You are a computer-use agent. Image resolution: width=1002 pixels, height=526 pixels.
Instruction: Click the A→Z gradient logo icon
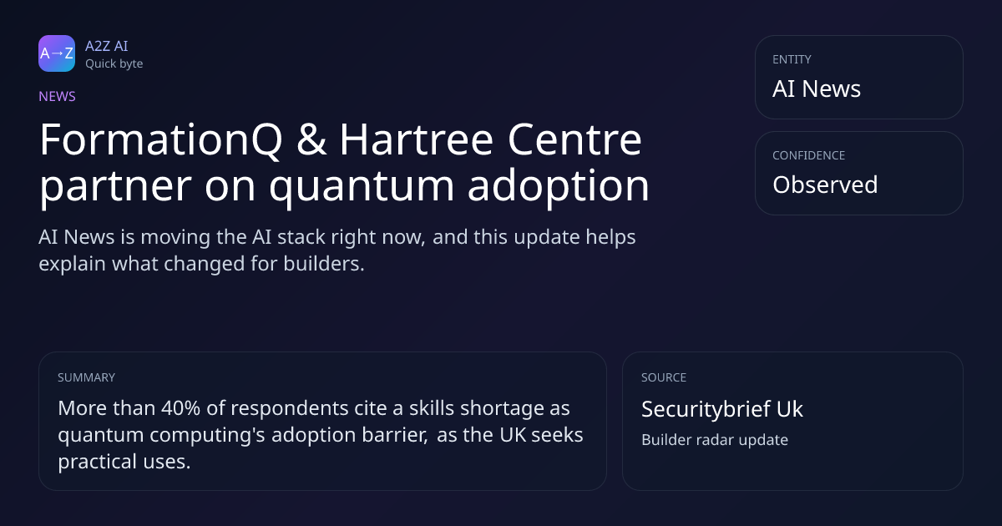tap(57, 53)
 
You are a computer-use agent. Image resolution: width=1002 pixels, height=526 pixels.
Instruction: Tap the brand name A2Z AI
tap(107, 46)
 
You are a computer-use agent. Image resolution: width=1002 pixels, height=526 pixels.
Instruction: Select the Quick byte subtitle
tap(114, 64)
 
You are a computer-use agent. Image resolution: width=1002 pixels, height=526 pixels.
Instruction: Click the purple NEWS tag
tap(58, 97)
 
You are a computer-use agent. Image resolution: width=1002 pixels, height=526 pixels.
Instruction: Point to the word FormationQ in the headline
tap(161, 140)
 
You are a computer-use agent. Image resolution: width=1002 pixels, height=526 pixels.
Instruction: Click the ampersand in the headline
tap(311, 140)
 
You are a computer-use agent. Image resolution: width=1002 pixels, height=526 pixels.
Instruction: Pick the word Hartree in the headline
tap(417, 140)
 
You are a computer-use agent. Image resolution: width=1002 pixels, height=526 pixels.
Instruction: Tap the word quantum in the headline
tap(362, 187)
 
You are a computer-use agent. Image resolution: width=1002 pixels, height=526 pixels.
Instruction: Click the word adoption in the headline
tap(559, 187)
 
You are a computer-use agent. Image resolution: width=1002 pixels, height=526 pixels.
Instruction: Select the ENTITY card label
tap(792, 59)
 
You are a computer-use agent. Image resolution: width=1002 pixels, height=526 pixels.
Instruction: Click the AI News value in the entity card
tap(817, 89)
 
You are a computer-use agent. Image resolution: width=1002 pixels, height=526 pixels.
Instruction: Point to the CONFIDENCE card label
tap(809, 155)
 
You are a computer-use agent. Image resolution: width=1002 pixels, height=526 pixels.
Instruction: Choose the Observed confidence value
tap(825, 185)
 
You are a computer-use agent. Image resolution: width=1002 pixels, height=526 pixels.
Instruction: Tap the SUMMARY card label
tap(86, 377)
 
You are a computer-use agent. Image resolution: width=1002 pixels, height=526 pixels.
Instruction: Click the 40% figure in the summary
tap(180, 408)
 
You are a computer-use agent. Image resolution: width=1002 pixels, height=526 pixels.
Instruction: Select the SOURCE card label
tap(664, 377)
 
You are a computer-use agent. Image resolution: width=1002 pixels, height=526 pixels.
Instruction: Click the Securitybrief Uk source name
tap(722, 409)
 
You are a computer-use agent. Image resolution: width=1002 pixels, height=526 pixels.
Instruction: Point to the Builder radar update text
tap(715, 440)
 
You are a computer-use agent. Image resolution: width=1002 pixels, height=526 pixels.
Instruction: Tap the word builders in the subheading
tap(324, 264)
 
